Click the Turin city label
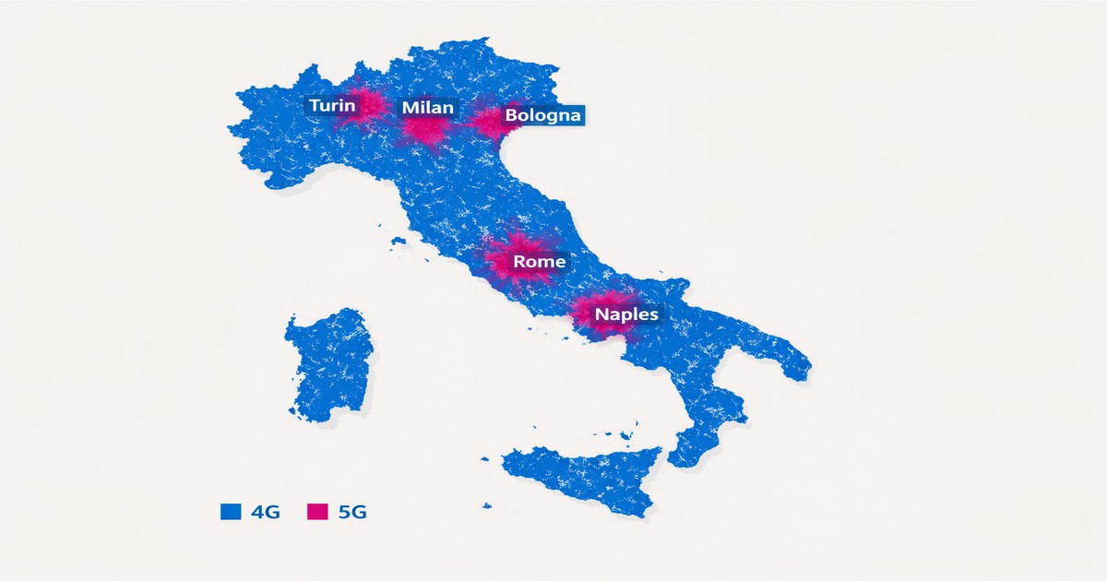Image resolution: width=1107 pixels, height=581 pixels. [x=331, y=106]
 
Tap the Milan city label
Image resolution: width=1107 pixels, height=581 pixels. [x=427, y=108]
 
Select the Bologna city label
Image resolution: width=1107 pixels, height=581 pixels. [x=542, y=115]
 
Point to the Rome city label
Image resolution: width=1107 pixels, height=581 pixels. [x=539, y=262]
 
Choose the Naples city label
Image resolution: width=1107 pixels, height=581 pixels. [x=626, y=314]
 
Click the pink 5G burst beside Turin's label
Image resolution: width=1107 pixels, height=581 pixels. [x=369, y=104]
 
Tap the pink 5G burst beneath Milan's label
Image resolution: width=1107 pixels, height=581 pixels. [x=424, y=132]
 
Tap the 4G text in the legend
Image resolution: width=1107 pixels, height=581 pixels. [x=264, y=513]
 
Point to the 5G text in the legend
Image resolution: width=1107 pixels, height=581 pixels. [x=351, y=513]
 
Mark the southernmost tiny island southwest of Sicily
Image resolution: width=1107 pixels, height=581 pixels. [x=487, y=504]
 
